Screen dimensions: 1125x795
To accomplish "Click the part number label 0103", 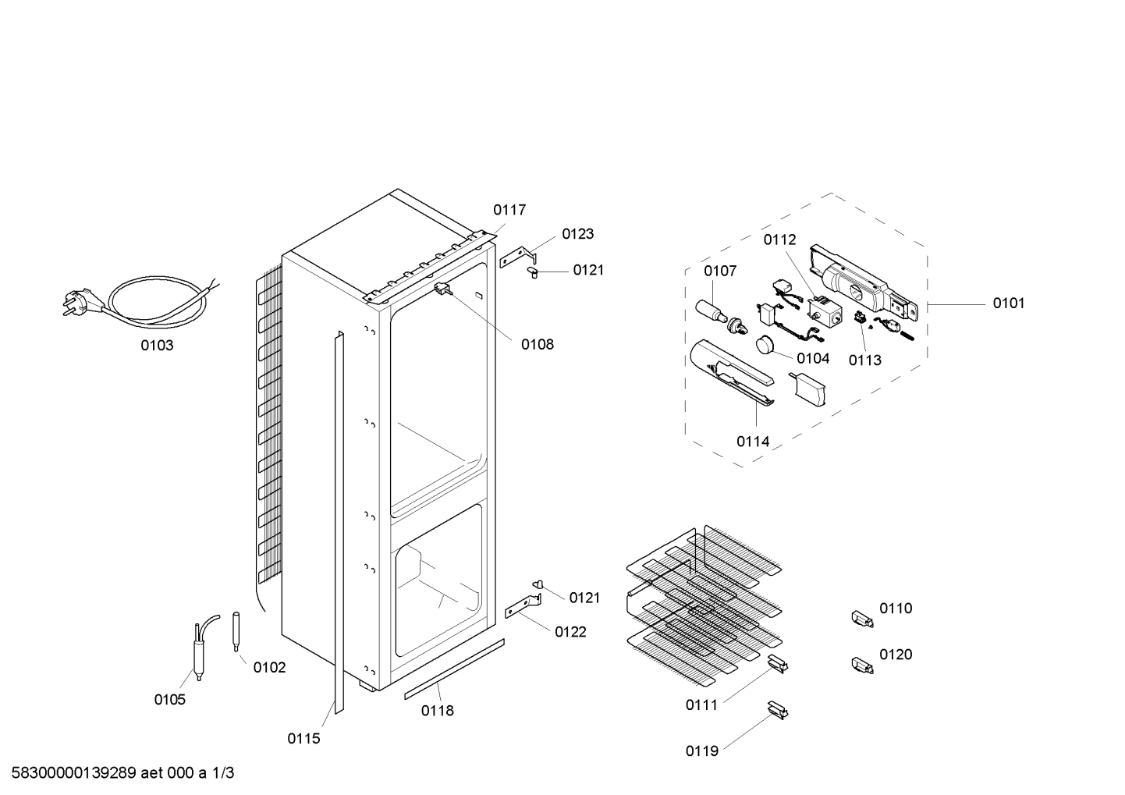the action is (x=157, y=346).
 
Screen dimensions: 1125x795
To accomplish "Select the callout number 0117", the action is (x=509, y=210).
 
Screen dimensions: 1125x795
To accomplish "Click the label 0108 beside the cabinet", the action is (x=538, y=345).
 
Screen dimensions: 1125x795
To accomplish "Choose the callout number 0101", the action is (x=1009, y=303).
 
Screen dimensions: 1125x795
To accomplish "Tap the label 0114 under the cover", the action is (x=753, y=442).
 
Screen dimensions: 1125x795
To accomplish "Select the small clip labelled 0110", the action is (x=862, y=619).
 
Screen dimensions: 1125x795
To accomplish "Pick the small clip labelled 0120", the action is (x=862, y=665).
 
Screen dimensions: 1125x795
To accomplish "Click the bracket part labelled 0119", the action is (x=778, y=710).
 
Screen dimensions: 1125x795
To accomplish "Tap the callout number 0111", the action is (x=701, y=705).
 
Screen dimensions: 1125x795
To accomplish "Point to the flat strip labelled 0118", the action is (x=455, y=669).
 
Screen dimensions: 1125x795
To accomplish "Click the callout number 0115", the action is (x=303, y=738).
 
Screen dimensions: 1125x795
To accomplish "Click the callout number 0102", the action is (x=269, y=667).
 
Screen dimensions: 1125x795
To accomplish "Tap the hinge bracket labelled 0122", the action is (x=523, y=606).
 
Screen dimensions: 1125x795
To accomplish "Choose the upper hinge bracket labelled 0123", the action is (x=518, y=257).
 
